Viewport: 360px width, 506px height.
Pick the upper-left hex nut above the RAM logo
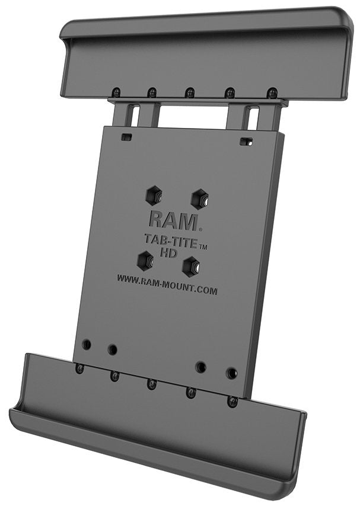point(153,195)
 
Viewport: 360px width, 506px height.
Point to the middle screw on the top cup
point(190,92)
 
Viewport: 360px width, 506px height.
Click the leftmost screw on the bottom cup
point(79,369)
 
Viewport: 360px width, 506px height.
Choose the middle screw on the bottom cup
point(152,384)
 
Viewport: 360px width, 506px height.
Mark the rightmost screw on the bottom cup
point(232,401)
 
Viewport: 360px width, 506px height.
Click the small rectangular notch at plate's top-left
point(126,137)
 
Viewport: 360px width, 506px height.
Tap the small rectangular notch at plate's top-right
point(246,142)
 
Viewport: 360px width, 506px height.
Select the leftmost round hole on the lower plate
point(87,344)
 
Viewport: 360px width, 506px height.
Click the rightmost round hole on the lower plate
point(231,373)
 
